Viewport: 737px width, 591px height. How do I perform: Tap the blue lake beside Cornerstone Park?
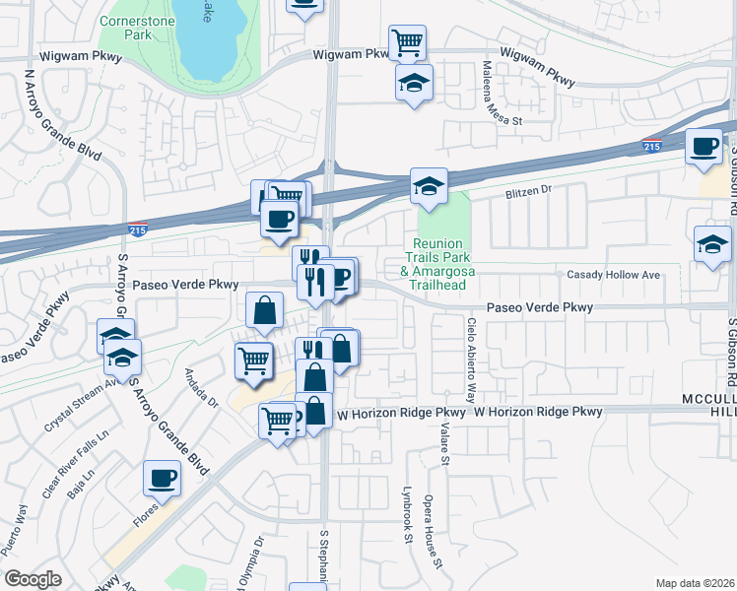pyautogui.click(x=209, y=39)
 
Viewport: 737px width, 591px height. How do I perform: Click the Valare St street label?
pyautogui.click(x=445, y=441)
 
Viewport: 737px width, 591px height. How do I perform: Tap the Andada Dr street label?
pyautogui.click(x=201, y=387)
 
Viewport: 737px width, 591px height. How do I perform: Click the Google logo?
pyautogui.click(x=33, y=579)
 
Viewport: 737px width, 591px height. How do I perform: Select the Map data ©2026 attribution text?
pyautogui.click(x=695, y=583)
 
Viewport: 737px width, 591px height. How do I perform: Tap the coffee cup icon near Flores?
pyautogui.click(x=163, y=479)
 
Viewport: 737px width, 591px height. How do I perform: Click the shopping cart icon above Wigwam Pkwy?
pyautogui.click(x=407, y=42)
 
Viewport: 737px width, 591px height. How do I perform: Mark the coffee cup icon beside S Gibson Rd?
pyautogui.click(x=703, y=147)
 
